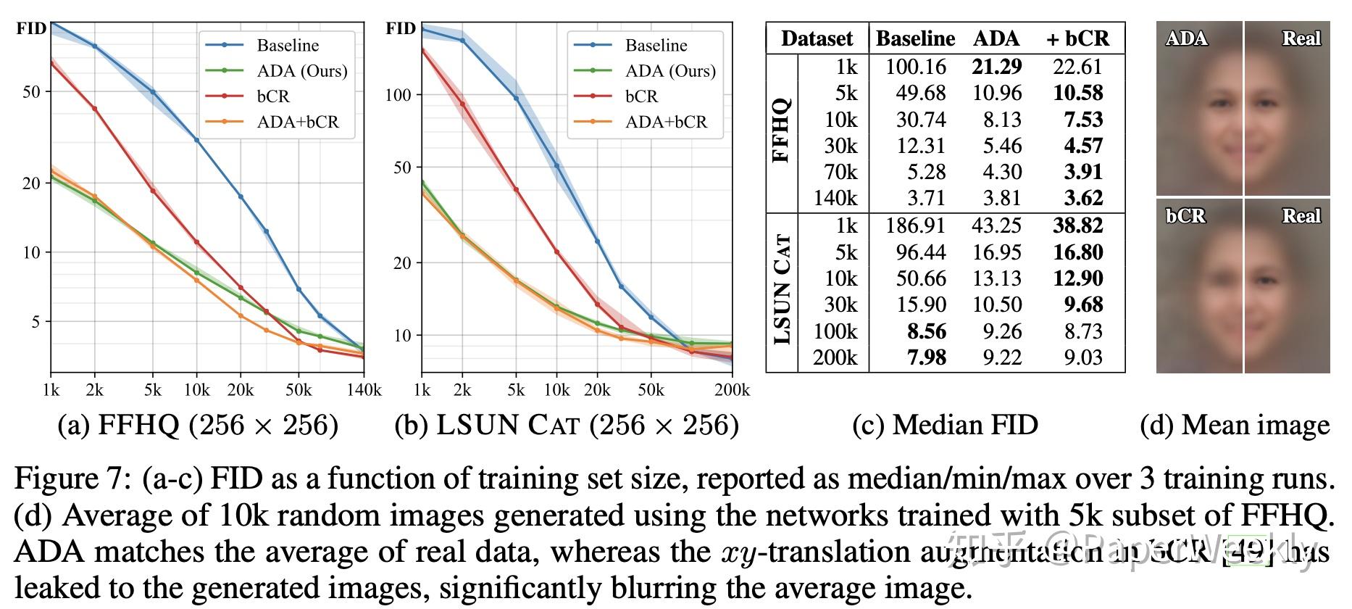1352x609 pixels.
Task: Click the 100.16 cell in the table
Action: [915, 67]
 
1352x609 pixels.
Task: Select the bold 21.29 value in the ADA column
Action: [996, 67]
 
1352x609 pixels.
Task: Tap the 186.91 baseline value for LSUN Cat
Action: [915, 226]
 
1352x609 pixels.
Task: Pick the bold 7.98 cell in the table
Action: [926, 357]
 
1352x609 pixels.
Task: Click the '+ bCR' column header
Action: [1077, 38]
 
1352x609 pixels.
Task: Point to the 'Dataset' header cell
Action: [817, 38]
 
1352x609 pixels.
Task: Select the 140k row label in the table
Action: [835, 198]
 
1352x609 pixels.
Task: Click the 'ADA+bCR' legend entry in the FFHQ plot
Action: [298, 122]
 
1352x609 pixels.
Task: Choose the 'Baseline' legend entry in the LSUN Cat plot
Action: [656, 46]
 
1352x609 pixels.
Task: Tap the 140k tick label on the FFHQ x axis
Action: [364, 391]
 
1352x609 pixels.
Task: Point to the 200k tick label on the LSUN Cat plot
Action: [732, 391]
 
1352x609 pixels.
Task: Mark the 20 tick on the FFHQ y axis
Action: [32, 183]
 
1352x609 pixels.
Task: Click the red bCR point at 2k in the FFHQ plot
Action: [94, 109]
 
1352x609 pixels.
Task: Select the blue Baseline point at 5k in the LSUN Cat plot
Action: [517, 99]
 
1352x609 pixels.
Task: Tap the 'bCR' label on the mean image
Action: [1185, 215]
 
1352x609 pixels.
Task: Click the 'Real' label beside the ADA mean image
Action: [1301, 38]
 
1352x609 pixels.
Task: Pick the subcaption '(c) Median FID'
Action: [945, 425]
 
